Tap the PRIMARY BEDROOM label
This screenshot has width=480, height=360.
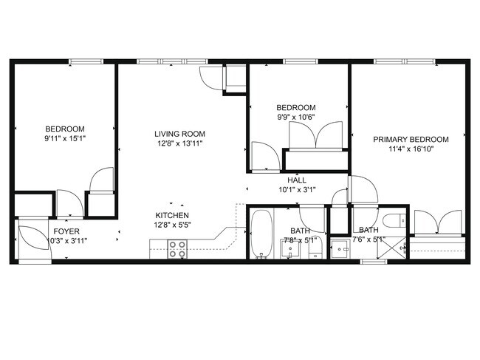coord(411,139)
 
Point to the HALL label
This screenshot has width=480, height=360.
coord(297,180)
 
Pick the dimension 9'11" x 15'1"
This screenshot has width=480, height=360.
coord(64,138)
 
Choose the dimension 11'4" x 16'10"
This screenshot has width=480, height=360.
coord(411,149)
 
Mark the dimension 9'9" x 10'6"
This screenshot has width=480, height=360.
coord(295,117)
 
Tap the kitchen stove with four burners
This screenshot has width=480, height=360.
coord(177,249)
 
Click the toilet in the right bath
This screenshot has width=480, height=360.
coord(394,220)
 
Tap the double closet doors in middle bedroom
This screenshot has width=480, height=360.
coord(315,137)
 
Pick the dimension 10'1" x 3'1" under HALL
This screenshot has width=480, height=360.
coord(297,189)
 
